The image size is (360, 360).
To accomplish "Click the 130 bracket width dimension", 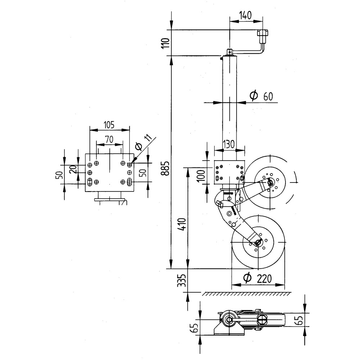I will [229, 143].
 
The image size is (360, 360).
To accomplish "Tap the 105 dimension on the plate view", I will [109, 125].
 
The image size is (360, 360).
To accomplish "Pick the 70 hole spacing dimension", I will [109, 138].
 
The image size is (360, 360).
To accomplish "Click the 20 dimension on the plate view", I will [73, 169].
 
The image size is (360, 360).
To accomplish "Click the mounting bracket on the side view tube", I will [229, 172].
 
